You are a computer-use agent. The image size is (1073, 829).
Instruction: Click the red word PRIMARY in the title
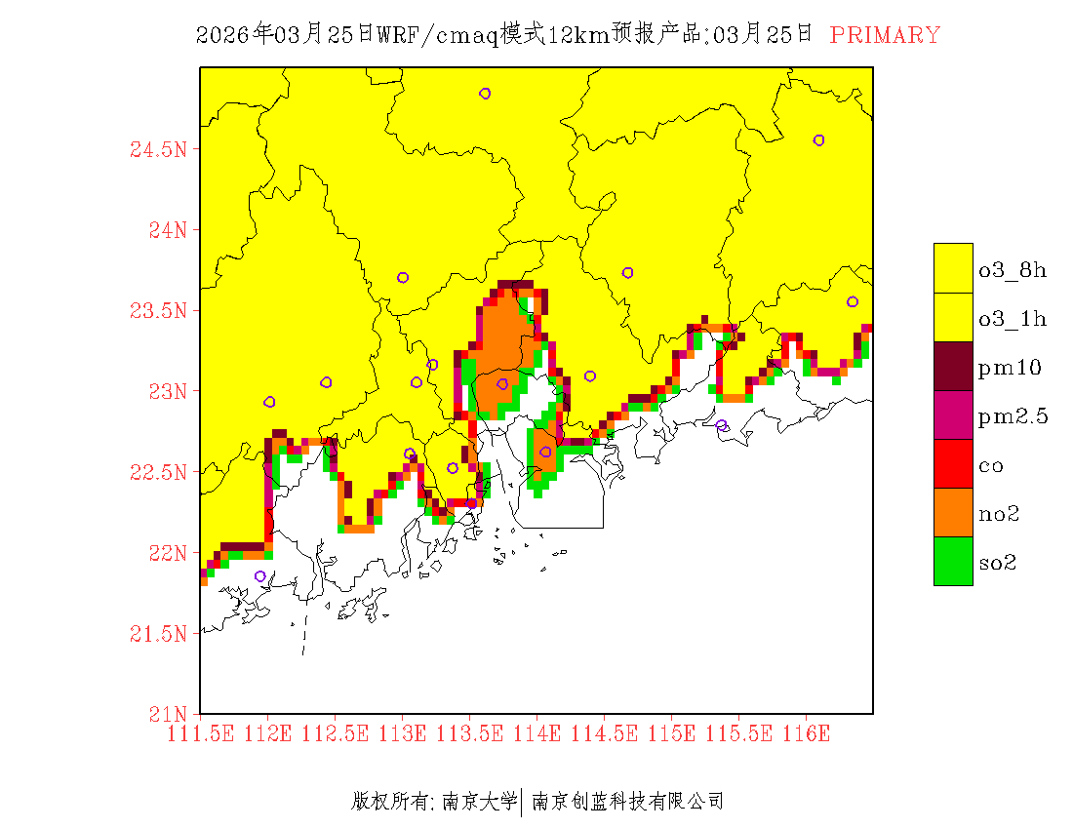[885, 35]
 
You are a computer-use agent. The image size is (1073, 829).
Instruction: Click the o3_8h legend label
[1013, 270]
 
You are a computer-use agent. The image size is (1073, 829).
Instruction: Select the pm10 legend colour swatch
[953, 367]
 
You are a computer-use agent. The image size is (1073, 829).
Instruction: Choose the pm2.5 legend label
[1013, 416]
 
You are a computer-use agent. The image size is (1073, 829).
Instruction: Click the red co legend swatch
[953, 464]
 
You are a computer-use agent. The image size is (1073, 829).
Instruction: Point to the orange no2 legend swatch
[953, 513]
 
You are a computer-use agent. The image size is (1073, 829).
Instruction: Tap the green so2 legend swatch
[953, 562]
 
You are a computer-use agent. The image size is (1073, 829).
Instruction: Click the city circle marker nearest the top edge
[485, 94]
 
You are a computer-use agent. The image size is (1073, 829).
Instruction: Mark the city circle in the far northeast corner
[818, 140]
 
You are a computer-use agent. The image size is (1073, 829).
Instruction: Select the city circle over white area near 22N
[259, 576]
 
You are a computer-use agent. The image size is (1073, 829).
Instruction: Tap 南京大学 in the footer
[479, 802]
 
